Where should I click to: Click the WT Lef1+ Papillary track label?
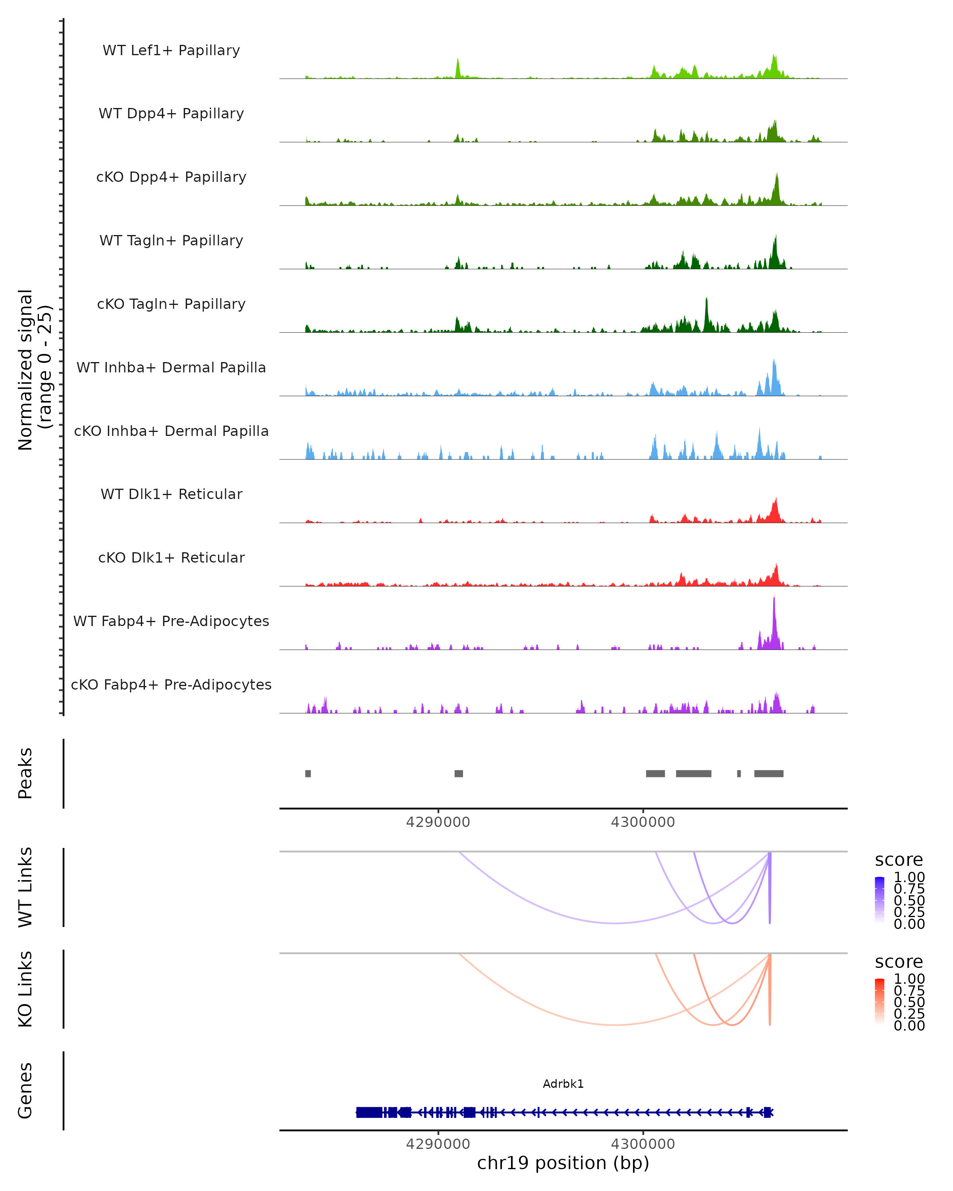click(x=171, y=50)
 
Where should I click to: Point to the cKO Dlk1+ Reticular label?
click(x=171, y=557)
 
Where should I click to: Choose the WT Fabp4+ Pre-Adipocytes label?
click(x=171, y=621)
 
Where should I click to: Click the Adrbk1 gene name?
click(x=563, y=1084)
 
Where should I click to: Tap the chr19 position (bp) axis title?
click(x=563, y=1163)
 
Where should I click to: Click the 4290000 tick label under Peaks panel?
click(x=438, y=822)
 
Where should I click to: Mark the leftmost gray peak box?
click(x=308, y=773)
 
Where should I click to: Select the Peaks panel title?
click(x=25, y=773)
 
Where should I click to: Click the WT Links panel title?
click(x=25, y=887)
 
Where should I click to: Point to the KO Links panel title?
click(x=25, y=989)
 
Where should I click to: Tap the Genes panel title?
click(x=25, y=1091)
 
